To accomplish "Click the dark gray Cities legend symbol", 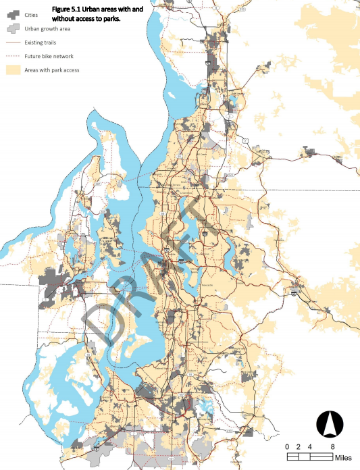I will click(x=13, y=15).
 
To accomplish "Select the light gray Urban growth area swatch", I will click(x=13, y=29).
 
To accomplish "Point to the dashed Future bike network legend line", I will click(x=13, y=56).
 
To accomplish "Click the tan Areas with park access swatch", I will click(x=13, y=70).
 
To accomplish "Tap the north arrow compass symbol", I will click(x=330, y=423).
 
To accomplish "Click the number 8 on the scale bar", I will click(x=333, y=447).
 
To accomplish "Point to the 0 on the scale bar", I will click(x=288, y=447).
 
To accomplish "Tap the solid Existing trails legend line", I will click(x=13, y=43).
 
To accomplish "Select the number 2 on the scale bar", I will click(x=299, y=447).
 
